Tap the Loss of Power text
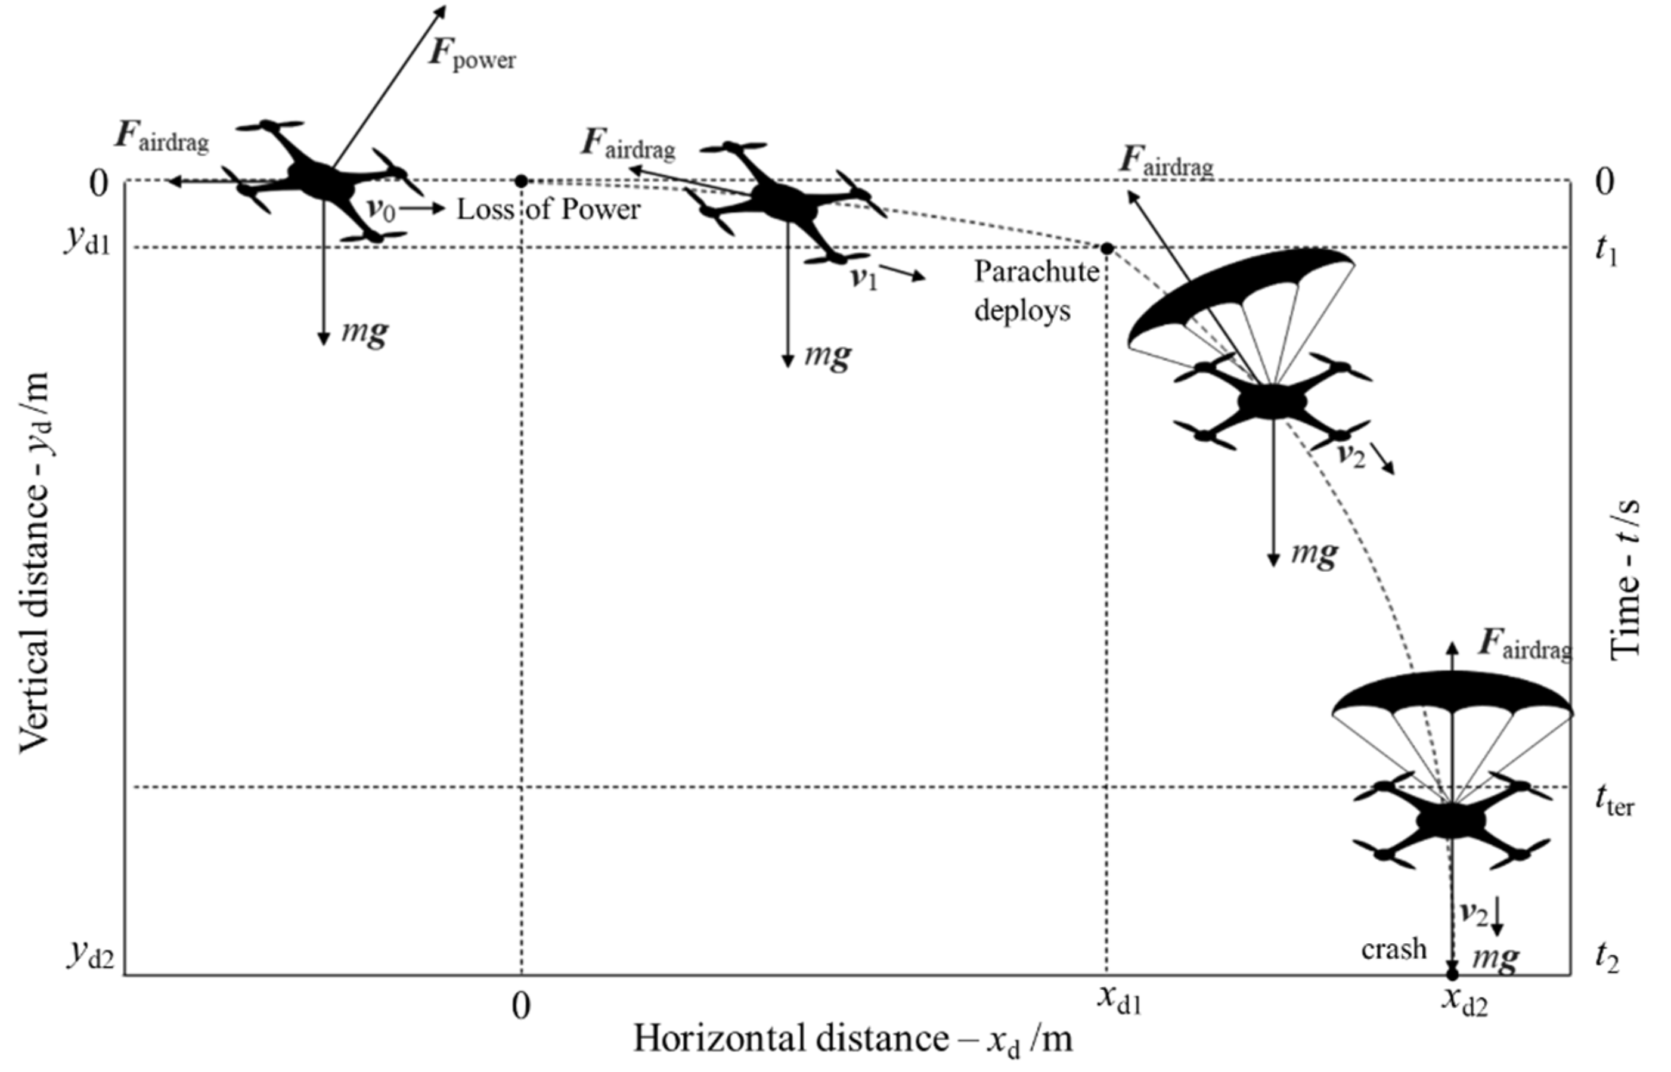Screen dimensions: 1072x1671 (548, 209)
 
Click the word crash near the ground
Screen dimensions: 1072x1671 (1393, 949)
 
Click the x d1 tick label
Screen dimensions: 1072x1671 (1119, 1001)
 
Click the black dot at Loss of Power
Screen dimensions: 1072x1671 (521, 181)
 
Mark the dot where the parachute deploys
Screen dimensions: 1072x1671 (1106, 248)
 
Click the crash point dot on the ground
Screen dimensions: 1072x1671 (1452, 974)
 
